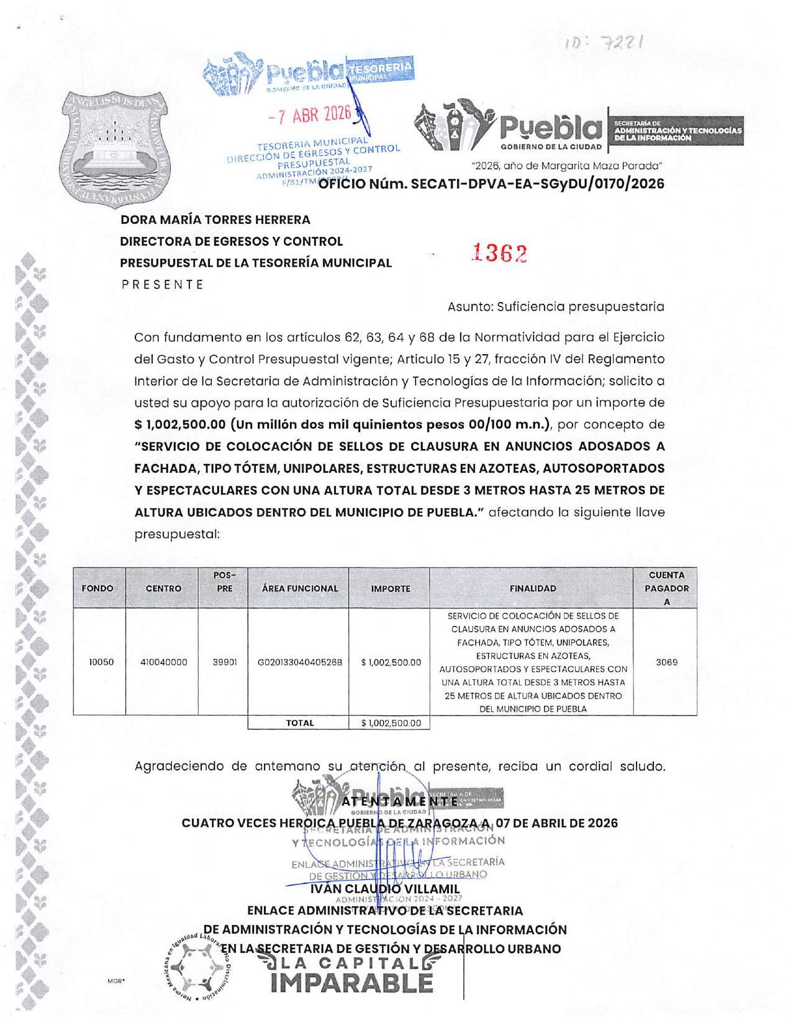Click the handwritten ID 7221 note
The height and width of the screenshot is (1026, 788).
pos(604,43)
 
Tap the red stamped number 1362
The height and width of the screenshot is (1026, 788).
pos(499,253)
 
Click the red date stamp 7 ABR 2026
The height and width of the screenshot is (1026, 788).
pos(310,115)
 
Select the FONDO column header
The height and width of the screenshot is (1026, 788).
pos(98,588)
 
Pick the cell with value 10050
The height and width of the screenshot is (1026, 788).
pos(101,662)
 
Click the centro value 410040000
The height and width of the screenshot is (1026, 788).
pos(163,662)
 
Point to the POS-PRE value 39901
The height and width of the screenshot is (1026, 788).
pos(225,662)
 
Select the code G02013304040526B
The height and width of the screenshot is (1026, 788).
pos(300,662)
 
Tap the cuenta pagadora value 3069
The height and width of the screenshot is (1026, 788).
pos(666,662)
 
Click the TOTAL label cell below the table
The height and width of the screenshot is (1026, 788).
pos(299,723)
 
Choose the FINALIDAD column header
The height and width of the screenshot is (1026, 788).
pos(532,588)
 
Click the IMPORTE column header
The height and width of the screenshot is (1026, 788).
pos(390,588)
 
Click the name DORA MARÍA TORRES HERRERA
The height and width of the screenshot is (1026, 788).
pos(215,220)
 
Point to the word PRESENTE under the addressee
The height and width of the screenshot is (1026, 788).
pos(163,285)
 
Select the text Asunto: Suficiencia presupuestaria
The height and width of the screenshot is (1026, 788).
pos(556,306)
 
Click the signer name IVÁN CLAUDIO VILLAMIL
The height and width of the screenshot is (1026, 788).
pos(385,889)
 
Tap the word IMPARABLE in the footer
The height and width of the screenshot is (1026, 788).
pos(351,983)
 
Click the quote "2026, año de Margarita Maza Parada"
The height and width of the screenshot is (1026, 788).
pos(567,166)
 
